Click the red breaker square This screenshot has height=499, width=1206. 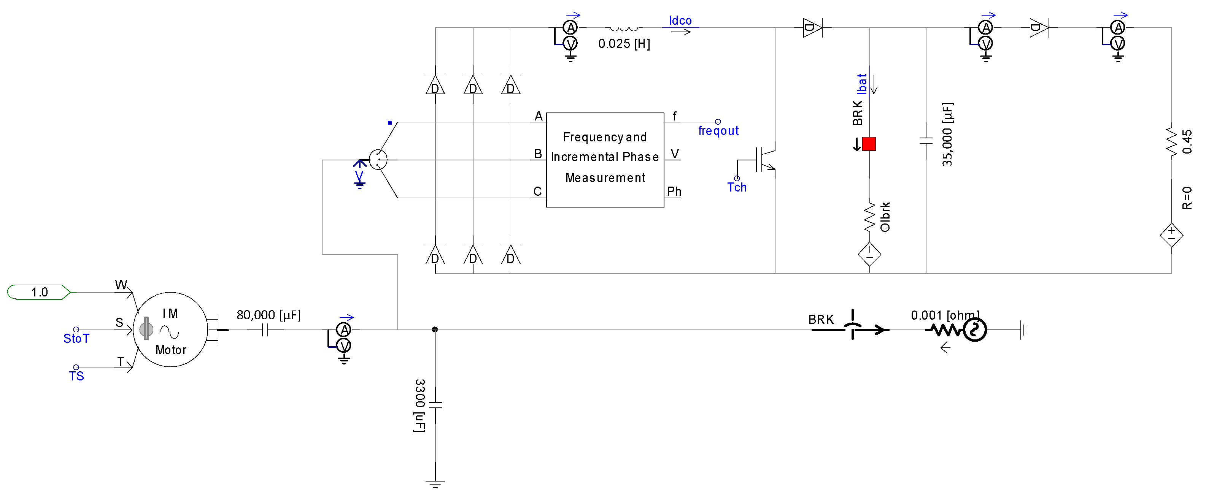[869, 144]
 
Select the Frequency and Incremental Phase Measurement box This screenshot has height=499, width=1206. [604, 160]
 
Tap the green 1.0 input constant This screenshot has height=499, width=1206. [39, 292]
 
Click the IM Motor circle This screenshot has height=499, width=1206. [170, 330]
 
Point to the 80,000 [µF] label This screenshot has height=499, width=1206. [268, 315]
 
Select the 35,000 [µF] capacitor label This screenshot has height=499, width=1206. [947, 134]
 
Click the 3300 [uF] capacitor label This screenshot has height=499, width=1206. [419, 406]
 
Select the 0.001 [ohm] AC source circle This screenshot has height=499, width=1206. [975, 330]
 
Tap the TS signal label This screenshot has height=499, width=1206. [76, 376]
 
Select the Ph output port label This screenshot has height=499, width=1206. [673, 191]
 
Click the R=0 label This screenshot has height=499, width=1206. [1187, 198]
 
